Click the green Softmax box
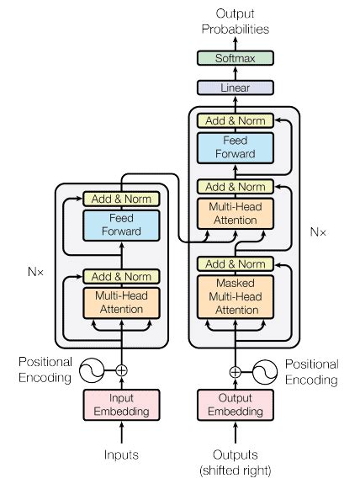click(235, 58)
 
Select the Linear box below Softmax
click(235, 87)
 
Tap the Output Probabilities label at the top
click(235, 22)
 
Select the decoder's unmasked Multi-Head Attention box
click(235, 213)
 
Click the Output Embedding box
click(235, 405)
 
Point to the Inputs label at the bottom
click(122, 454)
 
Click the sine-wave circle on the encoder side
click(92, 369)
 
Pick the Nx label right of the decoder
click(318, 230)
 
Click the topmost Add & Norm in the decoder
click(235, 120)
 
